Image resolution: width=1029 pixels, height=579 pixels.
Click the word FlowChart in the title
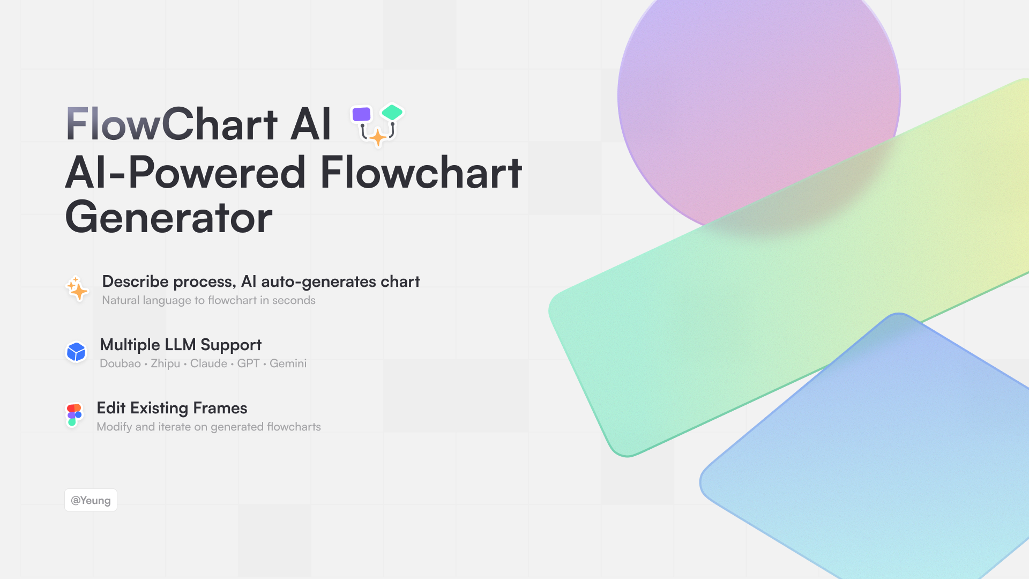point(171,124)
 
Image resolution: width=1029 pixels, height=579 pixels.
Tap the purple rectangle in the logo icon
point(361,114)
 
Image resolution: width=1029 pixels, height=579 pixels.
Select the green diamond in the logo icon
point(392,112)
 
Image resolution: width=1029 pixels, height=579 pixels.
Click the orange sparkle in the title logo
point(378,137)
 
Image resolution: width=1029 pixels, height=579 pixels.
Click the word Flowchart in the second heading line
point(421,173)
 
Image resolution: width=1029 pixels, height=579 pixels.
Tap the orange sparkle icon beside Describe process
point(77,288)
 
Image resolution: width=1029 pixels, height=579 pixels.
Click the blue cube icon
point(76,352)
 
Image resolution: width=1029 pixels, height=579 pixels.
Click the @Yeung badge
point(91,500)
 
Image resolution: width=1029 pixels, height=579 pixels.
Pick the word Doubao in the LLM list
point(120,363)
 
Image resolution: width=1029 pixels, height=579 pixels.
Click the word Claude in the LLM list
point(208,363)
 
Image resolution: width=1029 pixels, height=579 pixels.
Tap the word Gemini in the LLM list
point(288,363)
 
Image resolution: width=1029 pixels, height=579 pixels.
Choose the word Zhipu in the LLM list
point(165,364)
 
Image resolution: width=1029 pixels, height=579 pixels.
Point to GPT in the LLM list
point(248,363)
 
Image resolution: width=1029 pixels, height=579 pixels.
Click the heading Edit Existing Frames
point(172,408)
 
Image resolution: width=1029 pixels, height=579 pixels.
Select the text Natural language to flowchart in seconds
point(209,300)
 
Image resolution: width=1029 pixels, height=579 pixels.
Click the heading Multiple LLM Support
point(181,345)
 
